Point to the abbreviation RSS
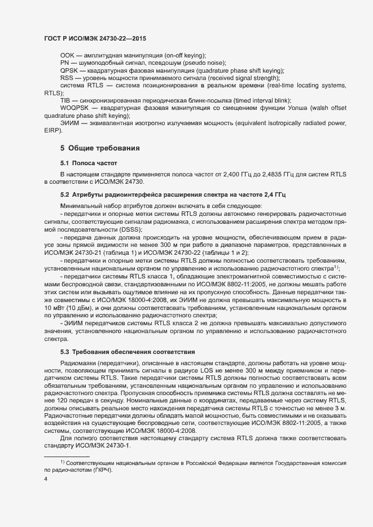click(x=67, y=77)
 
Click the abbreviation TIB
click(x=65, y=99)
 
